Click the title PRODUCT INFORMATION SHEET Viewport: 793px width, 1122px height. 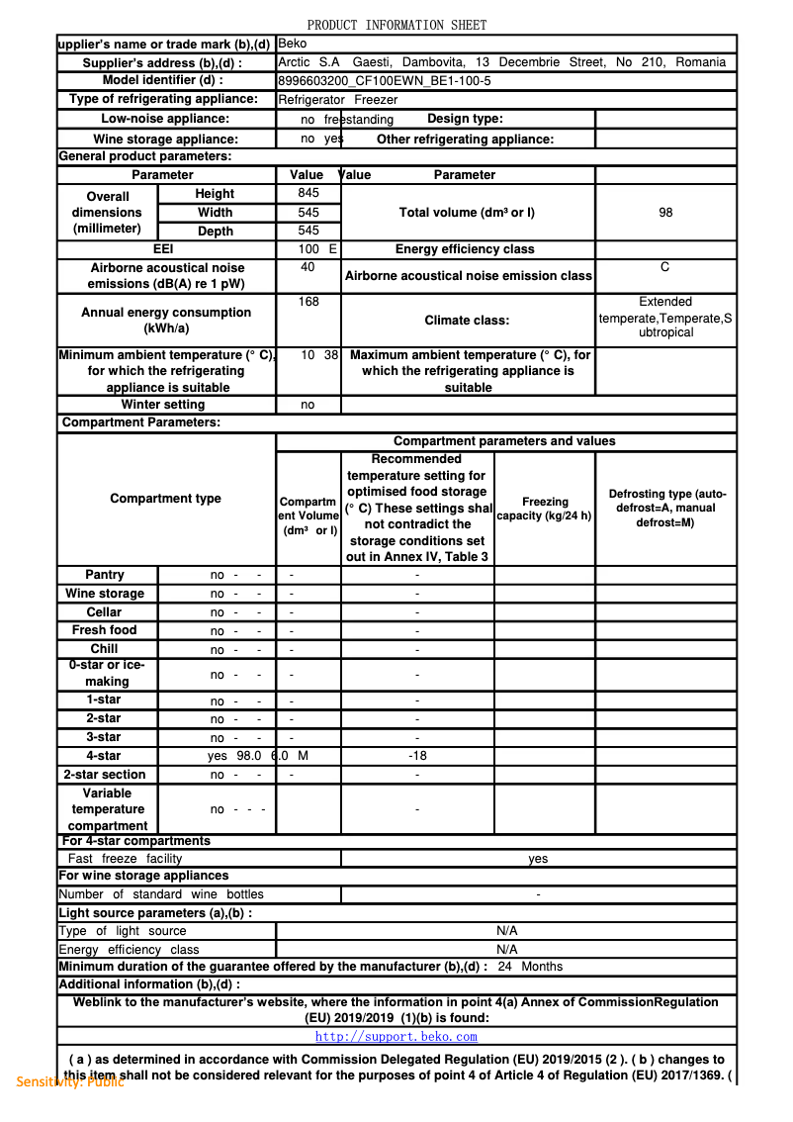click(x=396, y=25)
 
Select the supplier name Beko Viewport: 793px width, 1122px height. click(x=293, y=44)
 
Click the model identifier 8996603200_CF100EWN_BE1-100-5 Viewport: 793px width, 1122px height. click(x=384, y=81)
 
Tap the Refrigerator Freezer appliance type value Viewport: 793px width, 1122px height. click(x=337, y=100)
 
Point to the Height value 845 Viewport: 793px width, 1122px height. click(x=308, y=193)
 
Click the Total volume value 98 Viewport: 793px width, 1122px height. click(x=665, y=213)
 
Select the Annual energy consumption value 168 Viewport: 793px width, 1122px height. click(x=308, y=302)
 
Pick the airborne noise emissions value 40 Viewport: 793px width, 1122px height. click(x=308, y=267)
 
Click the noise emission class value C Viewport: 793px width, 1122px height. click(x=665, y=267)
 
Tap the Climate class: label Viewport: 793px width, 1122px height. click(x=468, y=321)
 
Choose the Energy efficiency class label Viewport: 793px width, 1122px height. click(x=465, y=249)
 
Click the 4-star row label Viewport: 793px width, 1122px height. click(x=104, y=756)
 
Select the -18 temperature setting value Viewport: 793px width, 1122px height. click(x=417, y=756)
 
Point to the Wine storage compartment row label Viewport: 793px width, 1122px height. click(x=105, y=594)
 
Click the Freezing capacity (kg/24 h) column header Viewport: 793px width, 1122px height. click(x=545, y=509)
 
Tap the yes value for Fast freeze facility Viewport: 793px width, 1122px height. click(x=538, y=859)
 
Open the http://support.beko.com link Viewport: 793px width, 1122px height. click(x=396, y=1037)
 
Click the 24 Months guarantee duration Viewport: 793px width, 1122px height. click(x=530, y=967)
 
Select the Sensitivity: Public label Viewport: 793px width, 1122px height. click(x=70, y=1081)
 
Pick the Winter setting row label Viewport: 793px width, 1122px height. click(x=163, y=405)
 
